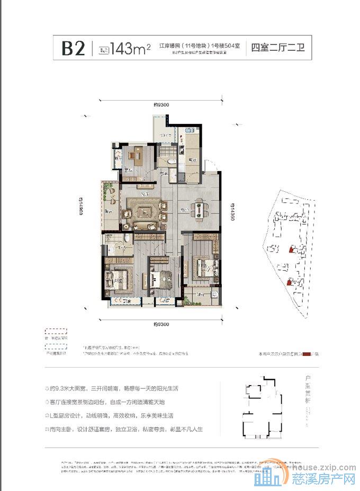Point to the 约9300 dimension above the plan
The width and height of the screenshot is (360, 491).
pyautogui.click(x=161, y=104)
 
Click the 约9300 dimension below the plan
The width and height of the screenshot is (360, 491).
pyautogui.click(x=161, y=323)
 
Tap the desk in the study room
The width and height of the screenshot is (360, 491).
pyautogui.click(x=137, y=155)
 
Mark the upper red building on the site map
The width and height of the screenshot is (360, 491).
pyautogui.click(x=290, y=248)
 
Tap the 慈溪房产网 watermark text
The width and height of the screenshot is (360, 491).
pyautogui.click(x=323, y=480)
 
